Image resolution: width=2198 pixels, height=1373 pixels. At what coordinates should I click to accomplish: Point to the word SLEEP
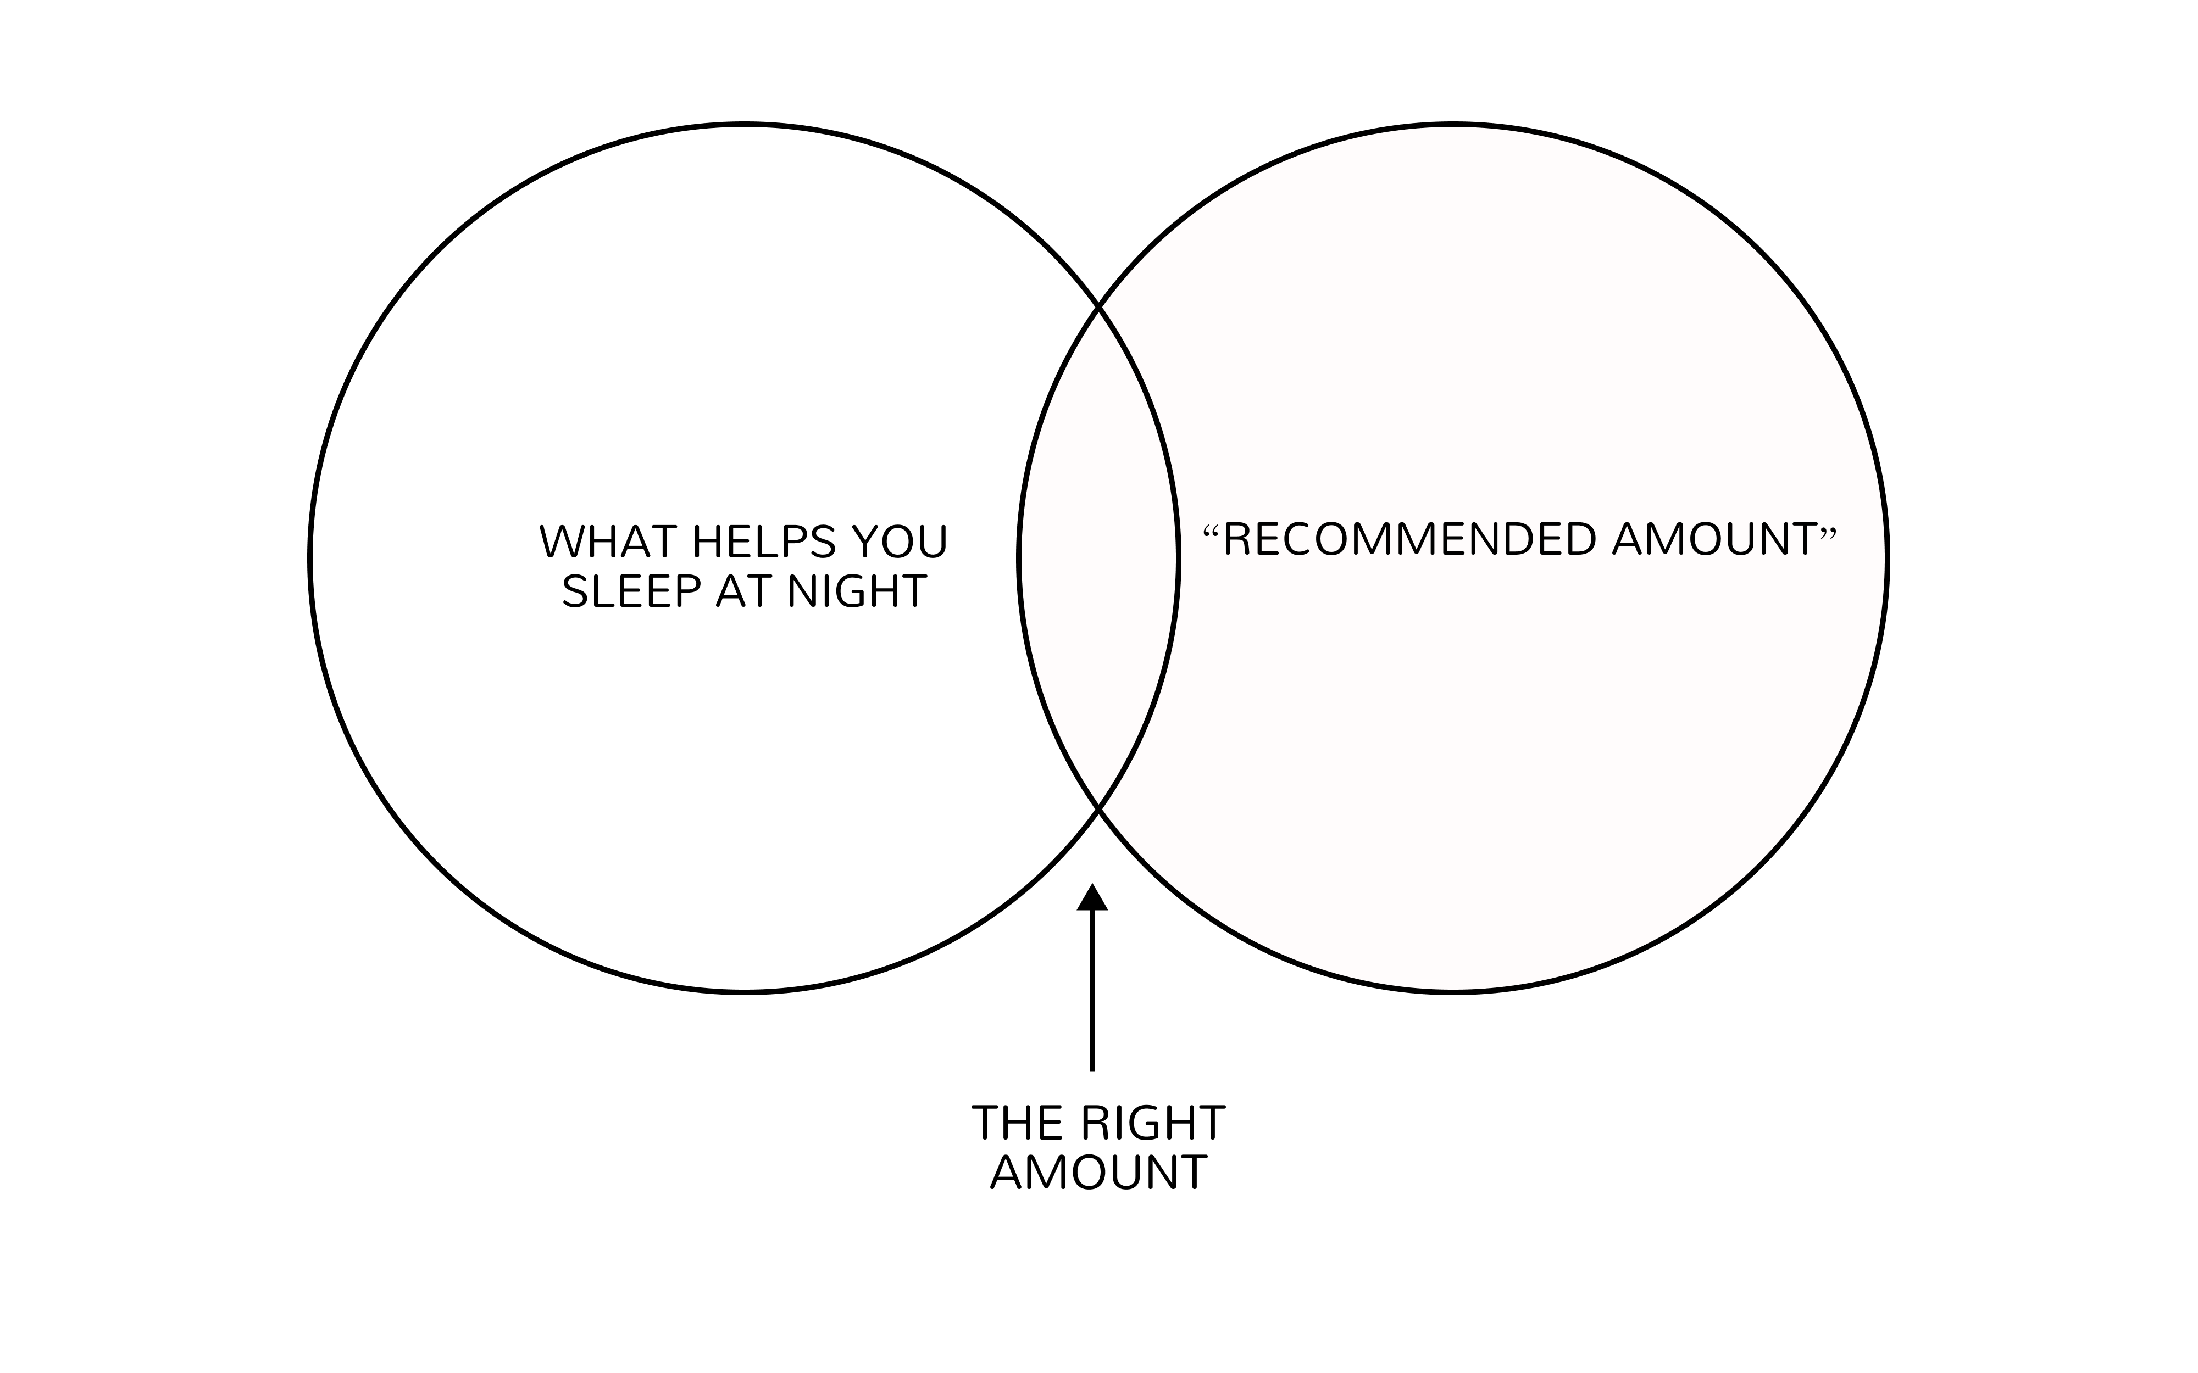[631, 592]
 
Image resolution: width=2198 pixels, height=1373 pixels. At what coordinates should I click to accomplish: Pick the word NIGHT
[857, 592]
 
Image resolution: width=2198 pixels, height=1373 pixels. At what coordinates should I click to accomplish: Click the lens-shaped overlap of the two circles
[1099, 559]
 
